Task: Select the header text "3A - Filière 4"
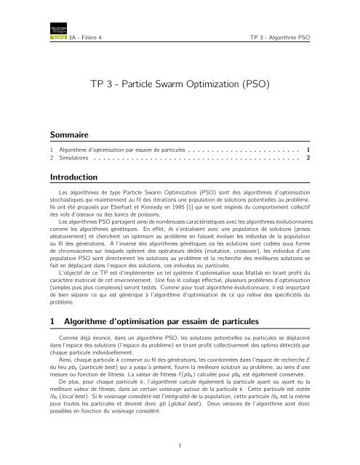(x=85, y=36)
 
